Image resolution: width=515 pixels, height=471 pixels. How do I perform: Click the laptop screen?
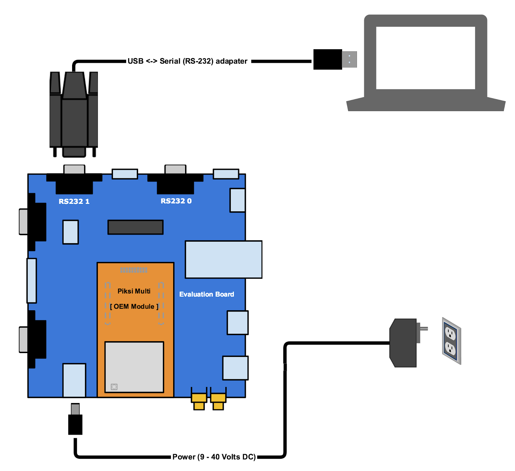coord(425,58)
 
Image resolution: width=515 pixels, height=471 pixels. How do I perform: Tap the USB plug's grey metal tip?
coord(350,59)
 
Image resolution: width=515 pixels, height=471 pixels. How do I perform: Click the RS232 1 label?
coord(74,201)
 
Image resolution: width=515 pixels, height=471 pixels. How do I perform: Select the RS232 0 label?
coord(176,201)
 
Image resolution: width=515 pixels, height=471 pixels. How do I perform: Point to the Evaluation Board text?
coord(207,294)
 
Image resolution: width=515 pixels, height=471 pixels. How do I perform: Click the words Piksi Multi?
coord(134,291)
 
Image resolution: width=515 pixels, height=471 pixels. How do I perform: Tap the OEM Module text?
coord(134,306)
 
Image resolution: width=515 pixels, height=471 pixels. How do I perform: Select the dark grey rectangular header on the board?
coord(136,227)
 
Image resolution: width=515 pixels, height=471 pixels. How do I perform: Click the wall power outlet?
coord(451,341)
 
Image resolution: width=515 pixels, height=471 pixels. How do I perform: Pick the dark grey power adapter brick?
coord(403,343)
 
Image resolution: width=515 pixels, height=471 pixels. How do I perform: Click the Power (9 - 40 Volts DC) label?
coord(214,457)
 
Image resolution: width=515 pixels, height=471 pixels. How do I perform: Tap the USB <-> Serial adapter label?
coord(188,61)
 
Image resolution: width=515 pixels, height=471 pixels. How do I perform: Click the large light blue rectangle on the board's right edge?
coord(223,259)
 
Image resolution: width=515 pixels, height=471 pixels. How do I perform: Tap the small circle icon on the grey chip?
coord(114,387)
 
